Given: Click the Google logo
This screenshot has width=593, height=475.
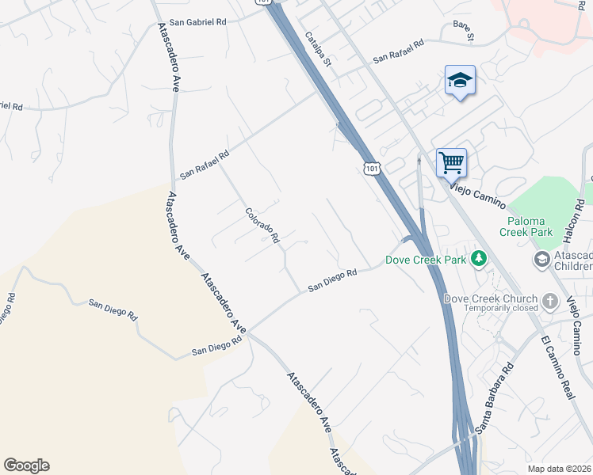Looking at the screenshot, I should tap(26, 465).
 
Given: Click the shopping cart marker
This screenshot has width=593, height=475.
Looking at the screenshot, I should tap(451, 162).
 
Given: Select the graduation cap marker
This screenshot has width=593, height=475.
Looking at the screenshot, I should tap(460, 80).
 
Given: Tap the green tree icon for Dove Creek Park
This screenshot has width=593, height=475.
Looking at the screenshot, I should tap(478, 259).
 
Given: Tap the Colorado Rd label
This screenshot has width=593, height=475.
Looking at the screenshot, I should tap(262, 226).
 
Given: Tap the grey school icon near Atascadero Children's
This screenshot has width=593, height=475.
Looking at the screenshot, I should tap(541, 260).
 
